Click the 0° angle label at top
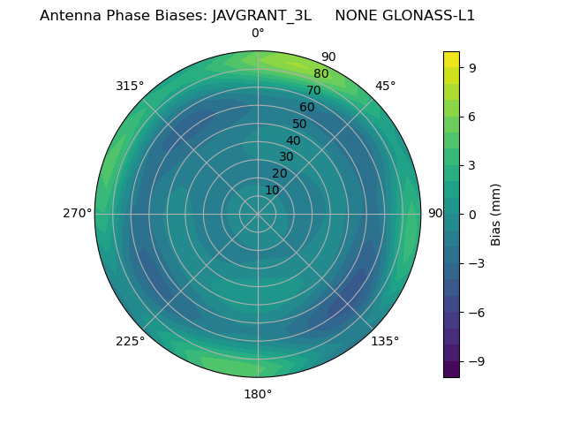[x=258, y=34]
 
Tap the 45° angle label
[x=386, y=87]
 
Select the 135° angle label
[x=385, y=341]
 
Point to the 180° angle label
[x=258, y=394]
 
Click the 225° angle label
[x=130, y=341]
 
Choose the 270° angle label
[x=78, y=214]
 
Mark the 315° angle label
[x=130, y=87]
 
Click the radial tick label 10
[x=272, y=190]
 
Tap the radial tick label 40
[x=293, y=141]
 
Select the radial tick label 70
[x=313, y=91]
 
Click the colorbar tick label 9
[x=472, y=67]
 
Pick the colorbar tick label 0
[x=472, y=215]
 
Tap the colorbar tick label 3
[x=472, y=165]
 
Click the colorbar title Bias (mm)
[x=496, y=214]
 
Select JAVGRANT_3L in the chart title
[x=261, y=16]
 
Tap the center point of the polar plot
[x=258, y=214]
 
